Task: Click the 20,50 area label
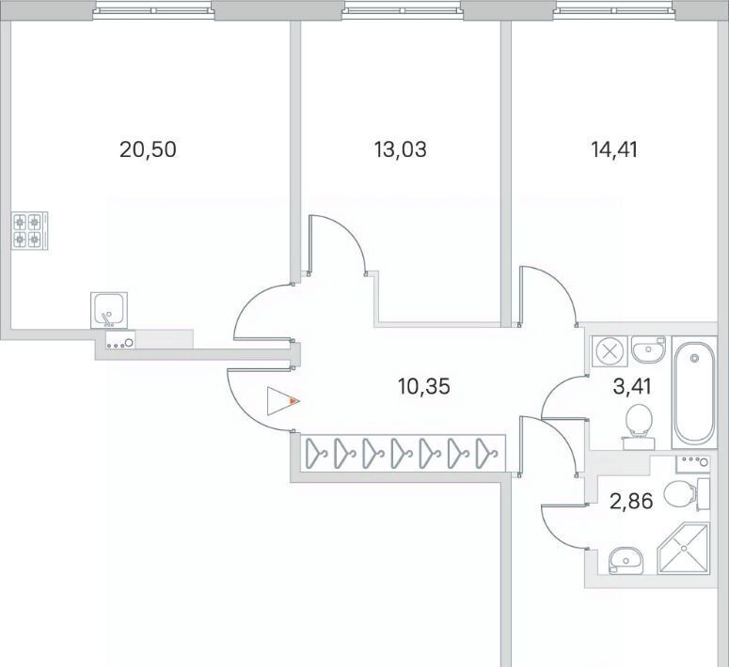(x=149, y=148)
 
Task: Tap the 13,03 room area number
(x=400, y=148)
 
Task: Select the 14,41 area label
(x=611, y=148)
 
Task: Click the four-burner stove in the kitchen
(x=29, y=231)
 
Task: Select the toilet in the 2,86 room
(x=681, y=491)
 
